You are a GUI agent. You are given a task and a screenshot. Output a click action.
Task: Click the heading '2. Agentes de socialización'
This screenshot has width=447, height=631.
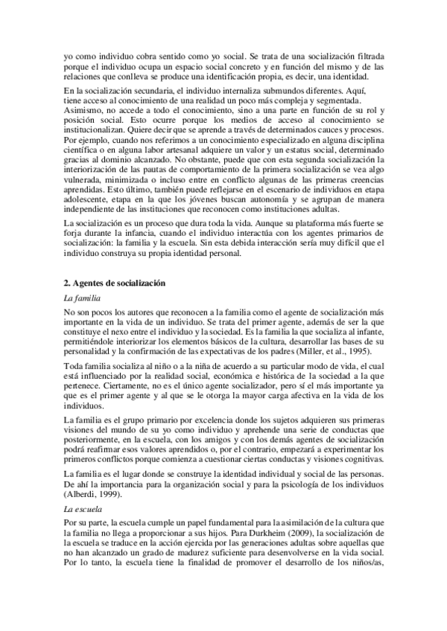(114, 283)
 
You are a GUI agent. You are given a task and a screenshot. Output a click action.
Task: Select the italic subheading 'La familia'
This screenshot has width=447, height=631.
(82, 297)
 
